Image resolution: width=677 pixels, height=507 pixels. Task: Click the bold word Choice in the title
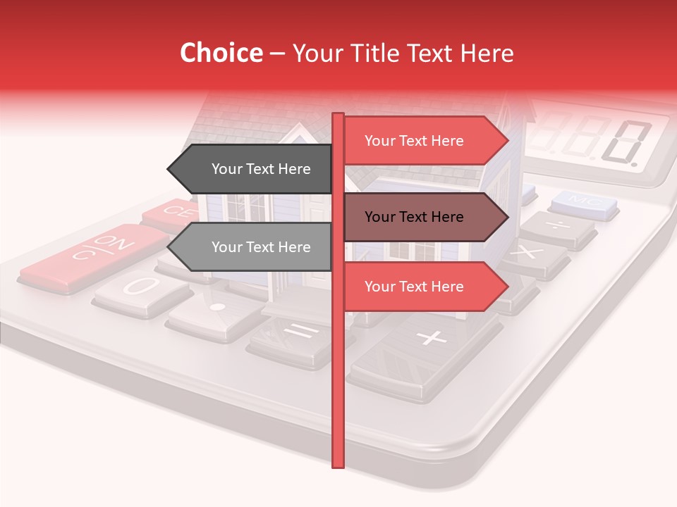tap(221, 54)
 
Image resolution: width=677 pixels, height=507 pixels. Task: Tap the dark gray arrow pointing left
tap(250, 169)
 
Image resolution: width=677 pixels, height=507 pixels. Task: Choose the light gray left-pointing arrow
tap(250, 247)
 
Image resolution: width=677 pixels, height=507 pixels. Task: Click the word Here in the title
tap(486, 54)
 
